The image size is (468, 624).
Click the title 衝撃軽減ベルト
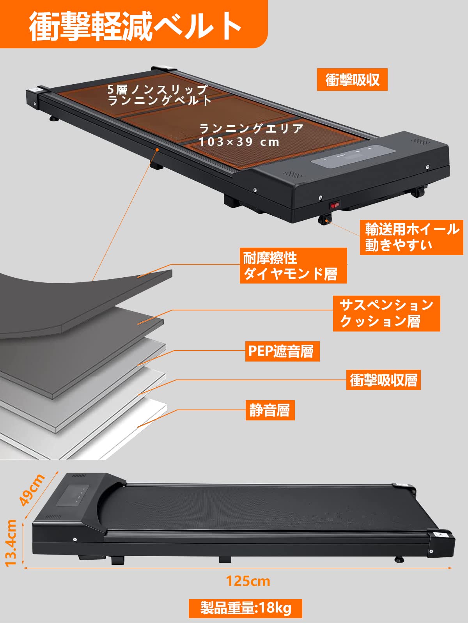(135, 26)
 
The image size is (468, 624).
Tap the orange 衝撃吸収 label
(352, 80)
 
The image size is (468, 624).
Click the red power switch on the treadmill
(335, 204)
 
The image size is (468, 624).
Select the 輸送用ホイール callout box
(411, 237)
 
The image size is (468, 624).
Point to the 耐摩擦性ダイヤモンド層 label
(293, 266)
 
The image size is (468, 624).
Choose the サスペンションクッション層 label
(386, 313)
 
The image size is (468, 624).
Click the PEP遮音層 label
(282, 351)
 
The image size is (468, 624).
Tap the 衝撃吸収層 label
(383, 380)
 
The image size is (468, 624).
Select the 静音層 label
(270, 410)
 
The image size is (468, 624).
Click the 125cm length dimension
(248, 581)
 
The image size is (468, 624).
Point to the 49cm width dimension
(32, 489)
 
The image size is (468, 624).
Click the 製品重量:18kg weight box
(245, 608)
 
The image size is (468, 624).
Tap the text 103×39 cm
(239, 142)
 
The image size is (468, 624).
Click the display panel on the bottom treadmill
(73, 495)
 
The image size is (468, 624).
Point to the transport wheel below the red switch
(324, 220)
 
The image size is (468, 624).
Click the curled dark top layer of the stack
(78, 300)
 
